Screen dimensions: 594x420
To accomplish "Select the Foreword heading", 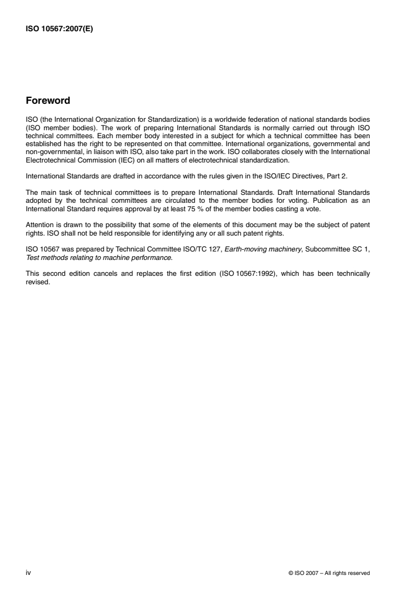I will point(48,101).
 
